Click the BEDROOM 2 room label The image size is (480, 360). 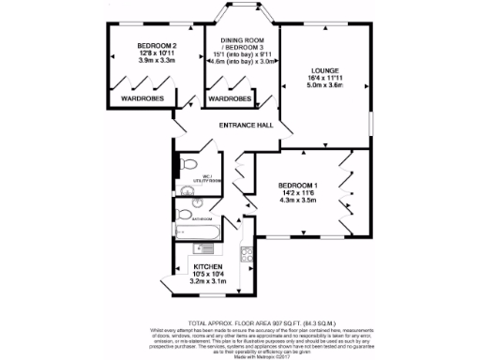coord(157,46)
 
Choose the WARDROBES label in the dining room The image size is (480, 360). coord(229,97)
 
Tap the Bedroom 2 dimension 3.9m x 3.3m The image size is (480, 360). coord(157,62)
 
